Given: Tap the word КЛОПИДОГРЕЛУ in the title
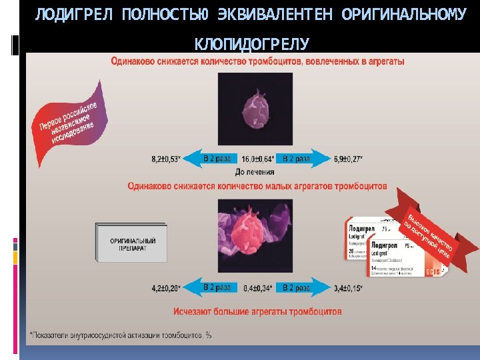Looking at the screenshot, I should point(251,44).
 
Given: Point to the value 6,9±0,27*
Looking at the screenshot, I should point(347,159).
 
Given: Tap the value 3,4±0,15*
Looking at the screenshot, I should point(347,288).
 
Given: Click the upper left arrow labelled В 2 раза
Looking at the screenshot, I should point(212,159).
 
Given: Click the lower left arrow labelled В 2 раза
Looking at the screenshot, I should point(212,287).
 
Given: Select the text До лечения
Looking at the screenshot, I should point(256,171).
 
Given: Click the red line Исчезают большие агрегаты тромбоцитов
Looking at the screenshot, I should point(257,311).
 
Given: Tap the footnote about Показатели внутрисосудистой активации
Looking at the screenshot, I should point(121,335).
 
